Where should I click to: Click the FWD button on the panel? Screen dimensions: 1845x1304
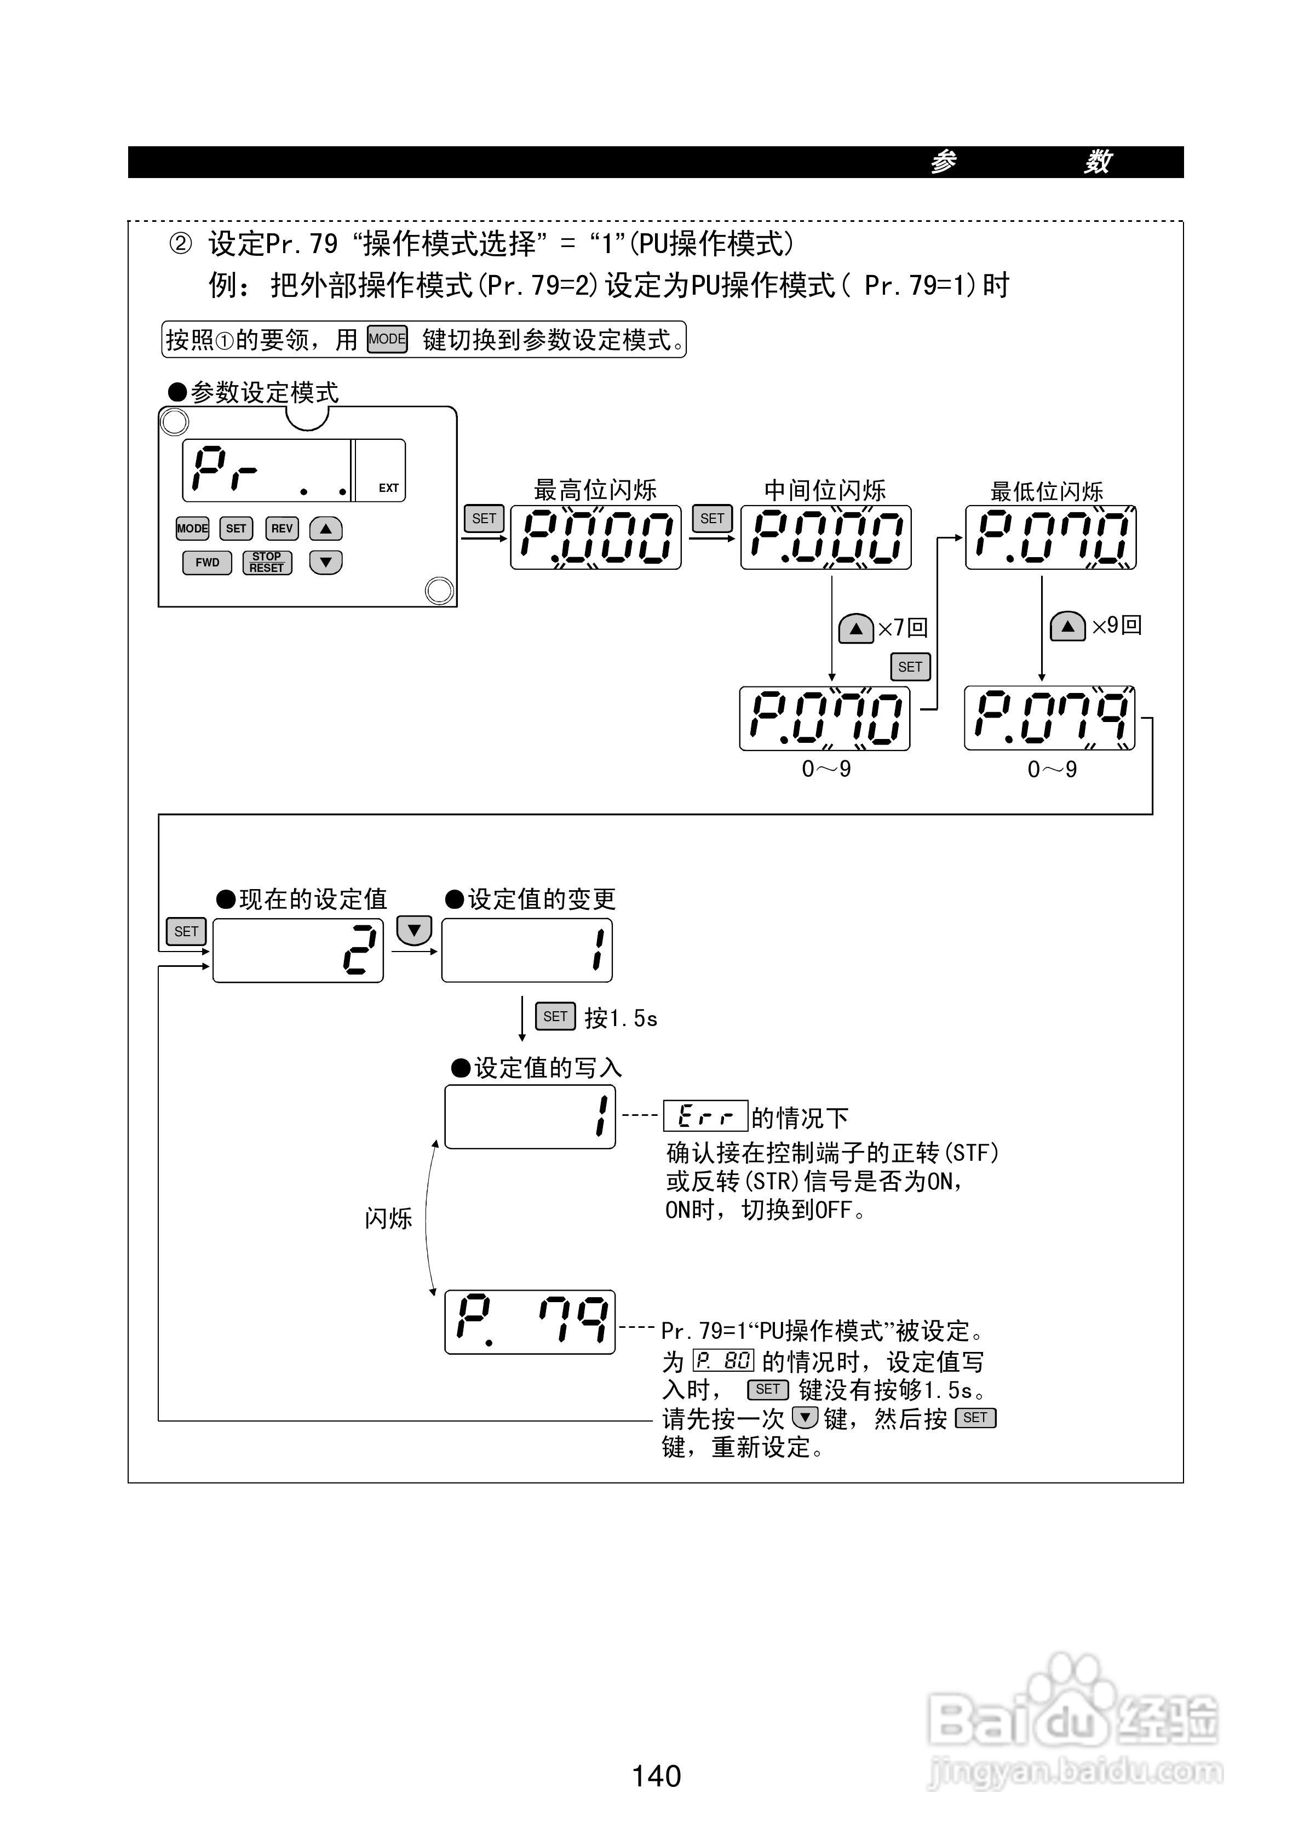[207, 563]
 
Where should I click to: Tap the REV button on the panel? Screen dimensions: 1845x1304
[282, 529]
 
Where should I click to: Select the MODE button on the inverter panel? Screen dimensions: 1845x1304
[192, 529]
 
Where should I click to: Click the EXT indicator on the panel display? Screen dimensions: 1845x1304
[389, 488]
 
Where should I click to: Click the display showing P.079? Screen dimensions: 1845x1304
[1050, 718]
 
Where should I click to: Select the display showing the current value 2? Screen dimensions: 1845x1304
[298, 950]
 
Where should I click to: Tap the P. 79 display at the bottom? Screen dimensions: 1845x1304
[530, 1322]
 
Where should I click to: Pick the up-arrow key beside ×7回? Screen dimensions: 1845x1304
[855, 628]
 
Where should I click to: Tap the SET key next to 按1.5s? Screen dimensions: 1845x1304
[555, 1017]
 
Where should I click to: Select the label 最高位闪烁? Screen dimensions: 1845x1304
[595, 489]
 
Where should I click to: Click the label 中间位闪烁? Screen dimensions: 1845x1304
[825, 489]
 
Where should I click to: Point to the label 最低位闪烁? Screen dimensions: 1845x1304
[1047, 491]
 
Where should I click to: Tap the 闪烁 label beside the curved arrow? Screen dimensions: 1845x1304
[388, 1218]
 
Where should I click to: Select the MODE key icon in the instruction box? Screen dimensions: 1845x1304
[387, 339]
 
